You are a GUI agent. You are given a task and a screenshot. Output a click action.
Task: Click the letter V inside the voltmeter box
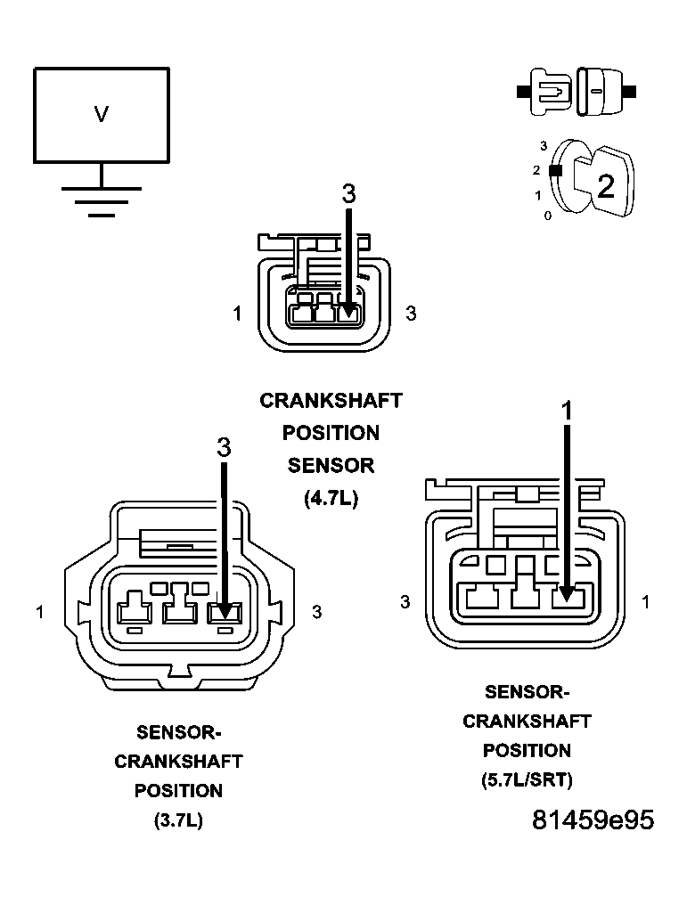[x=102, y=114]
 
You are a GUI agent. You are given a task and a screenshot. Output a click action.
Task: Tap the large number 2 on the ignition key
[x=605, y=186]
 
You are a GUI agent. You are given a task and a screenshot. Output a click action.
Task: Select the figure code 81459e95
[x=593, y=820]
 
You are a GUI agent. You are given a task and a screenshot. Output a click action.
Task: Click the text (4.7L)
[x=331, y=499]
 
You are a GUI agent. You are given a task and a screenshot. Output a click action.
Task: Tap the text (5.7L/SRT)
[x=527, y=780]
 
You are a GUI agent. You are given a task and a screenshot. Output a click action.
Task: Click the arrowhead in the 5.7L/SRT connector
[x=566, y=598]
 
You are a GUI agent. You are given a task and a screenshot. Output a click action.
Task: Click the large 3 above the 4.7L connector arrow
[x=349, y=193]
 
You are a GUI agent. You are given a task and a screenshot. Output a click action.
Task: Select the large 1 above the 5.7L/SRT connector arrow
[x=566, y=410]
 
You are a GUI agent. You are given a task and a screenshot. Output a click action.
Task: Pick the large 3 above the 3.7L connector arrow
[x=224, y=447]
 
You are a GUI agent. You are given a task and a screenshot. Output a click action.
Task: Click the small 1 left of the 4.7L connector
[x=237, y=314]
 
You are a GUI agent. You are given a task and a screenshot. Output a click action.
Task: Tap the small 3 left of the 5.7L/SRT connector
[x=405, y=603]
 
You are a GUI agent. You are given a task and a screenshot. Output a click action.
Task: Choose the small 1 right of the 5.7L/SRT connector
[x=645, y=603]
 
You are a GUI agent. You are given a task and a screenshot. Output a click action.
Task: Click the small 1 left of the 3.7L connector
[x=40, y=612]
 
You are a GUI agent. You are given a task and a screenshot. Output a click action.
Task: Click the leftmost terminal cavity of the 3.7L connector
[x=135, y=611]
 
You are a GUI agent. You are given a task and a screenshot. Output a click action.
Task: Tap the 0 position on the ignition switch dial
[x=547, y=216]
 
